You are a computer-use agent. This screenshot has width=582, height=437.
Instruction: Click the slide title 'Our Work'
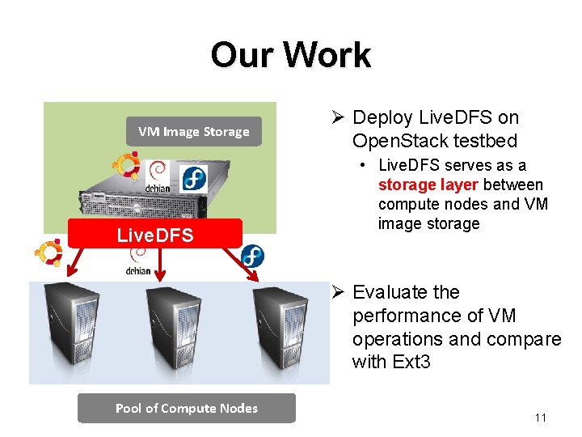coord(290,55)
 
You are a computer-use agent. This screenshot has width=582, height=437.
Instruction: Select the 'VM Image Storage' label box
coord(194,132)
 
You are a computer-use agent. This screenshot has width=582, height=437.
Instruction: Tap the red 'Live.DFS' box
coord(155,235)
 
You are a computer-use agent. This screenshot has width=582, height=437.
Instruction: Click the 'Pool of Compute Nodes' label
coord(187,408)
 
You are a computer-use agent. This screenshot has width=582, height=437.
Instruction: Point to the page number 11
coord(541,418)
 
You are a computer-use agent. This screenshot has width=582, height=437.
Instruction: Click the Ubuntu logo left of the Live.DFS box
coord(48,254)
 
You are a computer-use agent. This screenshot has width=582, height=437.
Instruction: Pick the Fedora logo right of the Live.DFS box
coord(252,257)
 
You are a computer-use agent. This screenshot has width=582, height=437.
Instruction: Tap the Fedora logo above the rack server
coord(195,179)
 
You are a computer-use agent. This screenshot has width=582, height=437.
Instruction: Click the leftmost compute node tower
coord(70,329)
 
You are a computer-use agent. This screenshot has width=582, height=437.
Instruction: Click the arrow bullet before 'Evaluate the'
coord(339,292)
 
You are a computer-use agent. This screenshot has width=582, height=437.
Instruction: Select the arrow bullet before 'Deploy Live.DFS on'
coord(339,118)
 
